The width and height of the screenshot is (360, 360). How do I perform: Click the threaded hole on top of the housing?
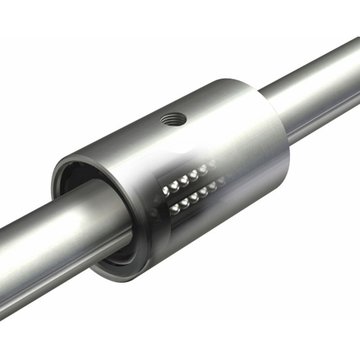(x=173, y=120)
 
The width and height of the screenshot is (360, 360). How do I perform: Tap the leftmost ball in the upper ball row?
(x=165, y=191)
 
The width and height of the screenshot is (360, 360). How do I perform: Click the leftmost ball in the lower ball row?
(x=175, y=209)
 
